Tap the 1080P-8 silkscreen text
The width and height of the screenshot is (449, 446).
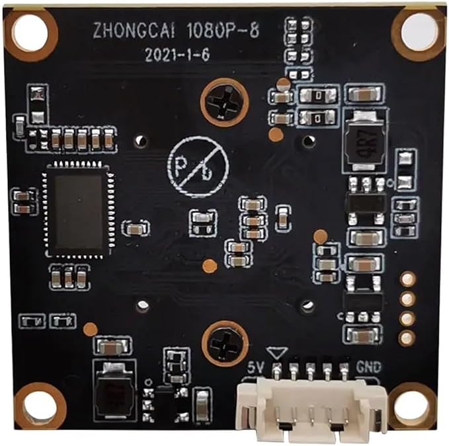223,30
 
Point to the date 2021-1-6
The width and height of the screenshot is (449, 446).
177,55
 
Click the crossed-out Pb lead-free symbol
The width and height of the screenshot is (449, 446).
198,167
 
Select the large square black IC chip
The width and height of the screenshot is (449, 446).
78,209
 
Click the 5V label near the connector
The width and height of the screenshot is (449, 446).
256,367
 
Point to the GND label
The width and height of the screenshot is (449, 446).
368,367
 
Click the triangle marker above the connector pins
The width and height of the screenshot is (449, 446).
276,353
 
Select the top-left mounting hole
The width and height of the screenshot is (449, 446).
30,32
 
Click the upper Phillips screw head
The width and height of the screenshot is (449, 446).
225,102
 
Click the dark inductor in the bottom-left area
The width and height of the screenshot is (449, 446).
114,392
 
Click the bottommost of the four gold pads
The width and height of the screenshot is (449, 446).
407,338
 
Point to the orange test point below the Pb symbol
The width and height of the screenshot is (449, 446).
210,266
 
